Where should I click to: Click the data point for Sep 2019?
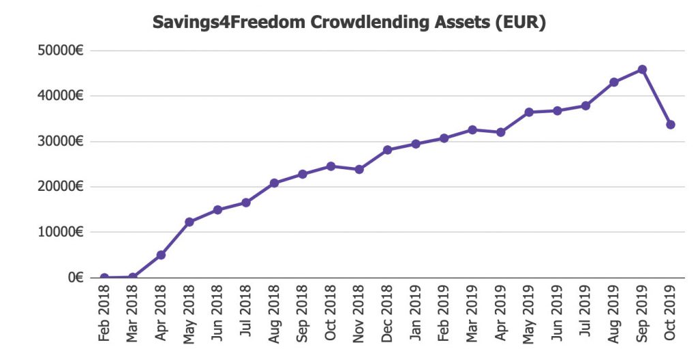coord(642,70)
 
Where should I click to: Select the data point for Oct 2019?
coord(671,125)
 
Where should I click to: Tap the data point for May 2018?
coord(189,222)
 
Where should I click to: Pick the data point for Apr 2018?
coord(161,255)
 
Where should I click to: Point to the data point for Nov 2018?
coord(359,169)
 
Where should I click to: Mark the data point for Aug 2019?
coord(614,82)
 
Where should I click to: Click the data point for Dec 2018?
coord(387,150)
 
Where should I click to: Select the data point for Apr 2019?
coord(501,132)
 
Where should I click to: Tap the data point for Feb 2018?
coord(104,277)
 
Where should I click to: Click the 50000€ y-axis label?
coord(61,51)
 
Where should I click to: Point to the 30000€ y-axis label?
coord(61,142)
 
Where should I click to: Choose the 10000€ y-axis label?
coord(61,232)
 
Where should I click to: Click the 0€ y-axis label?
coord(74,277)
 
